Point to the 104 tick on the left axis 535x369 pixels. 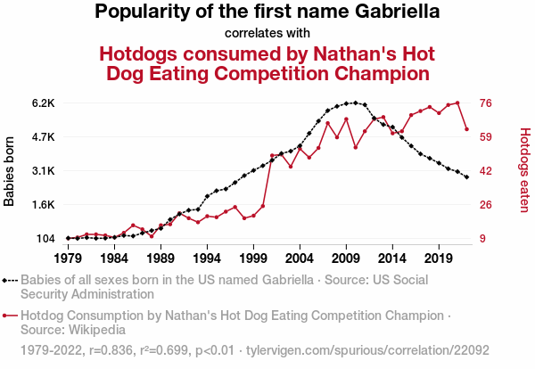45,239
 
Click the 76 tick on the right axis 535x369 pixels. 487,103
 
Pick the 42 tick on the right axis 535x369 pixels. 487,171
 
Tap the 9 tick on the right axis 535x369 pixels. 483,239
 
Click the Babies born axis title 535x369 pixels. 10,171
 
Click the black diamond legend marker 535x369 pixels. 5,280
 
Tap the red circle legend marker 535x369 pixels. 5,315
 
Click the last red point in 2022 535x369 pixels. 466,130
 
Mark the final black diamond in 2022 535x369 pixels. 466,177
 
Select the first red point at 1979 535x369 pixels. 68,238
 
